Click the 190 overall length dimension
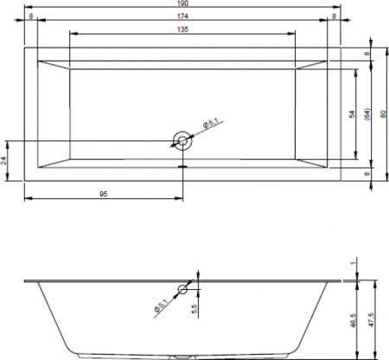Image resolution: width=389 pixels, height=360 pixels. (182, 4)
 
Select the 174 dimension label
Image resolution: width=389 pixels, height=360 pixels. (182, 16)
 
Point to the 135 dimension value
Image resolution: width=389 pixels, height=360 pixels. (182, 29)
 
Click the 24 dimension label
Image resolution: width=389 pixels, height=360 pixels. (6, 160)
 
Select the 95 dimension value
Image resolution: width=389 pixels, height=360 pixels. (103, 194)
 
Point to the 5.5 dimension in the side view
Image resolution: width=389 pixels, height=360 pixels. (195, 307)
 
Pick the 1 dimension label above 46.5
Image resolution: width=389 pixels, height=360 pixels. (354, 263)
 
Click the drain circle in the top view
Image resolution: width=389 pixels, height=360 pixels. (182, 140)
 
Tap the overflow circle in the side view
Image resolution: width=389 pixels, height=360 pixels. (182, 289)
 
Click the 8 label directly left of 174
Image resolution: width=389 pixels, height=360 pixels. (30, 16)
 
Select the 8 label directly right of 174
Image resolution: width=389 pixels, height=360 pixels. (334, 16)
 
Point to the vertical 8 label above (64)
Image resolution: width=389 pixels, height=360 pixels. (367, 54)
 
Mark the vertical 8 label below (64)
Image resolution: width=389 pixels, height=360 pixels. (367, 174)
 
